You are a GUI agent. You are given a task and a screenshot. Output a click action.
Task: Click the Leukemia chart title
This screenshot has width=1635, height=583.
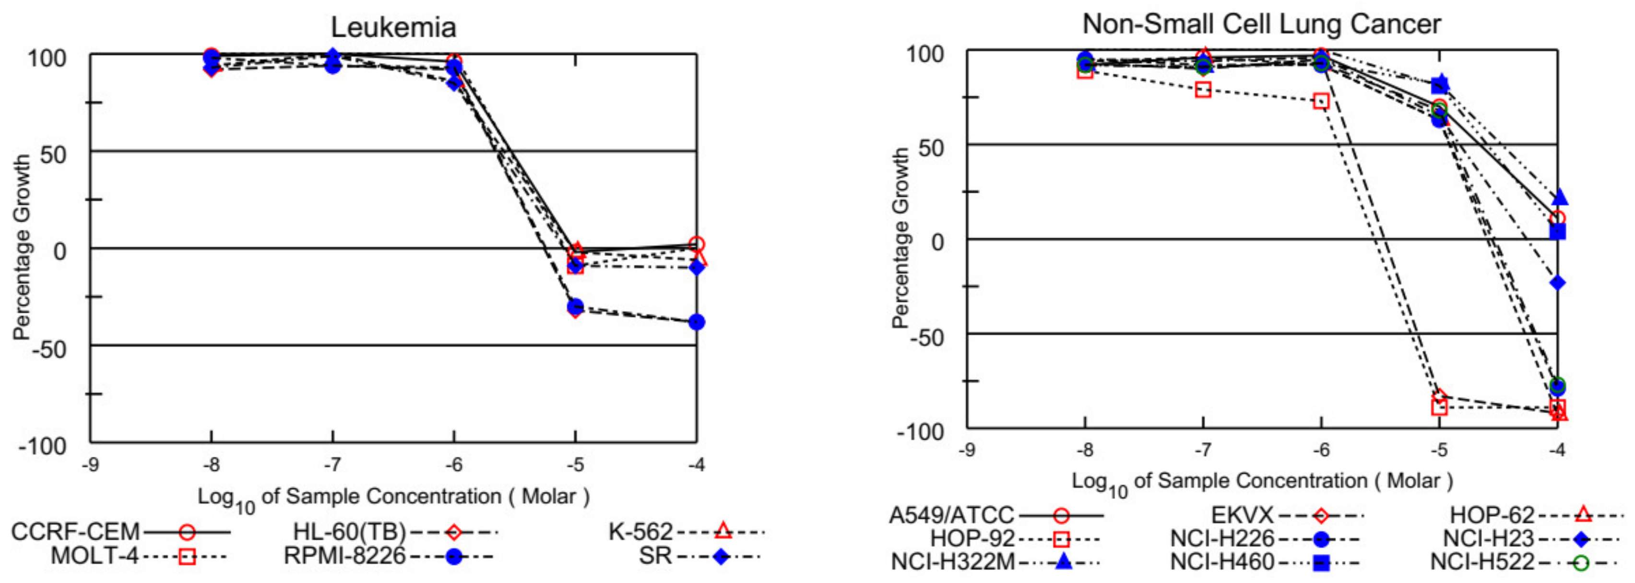[393, 27]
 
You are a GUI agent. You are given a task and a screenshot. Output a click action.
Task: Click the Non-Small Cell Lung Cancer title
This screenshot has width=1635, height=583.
[1261, 24]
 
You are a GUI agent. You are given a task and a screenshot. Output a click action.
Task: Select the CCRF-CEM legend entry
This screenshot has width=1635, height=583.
[120, 532]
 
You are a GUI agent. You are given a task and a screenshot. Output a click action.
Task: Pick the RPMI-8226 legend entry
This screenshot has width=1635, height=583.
[387, 556]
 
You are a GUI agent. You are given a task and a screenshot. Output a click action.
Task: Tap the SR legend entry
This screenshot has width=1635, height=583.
[698, 556]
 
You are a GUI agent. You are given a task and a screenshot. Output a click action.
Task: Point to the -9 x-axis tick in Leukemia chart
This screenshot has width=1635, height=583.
[90, 465]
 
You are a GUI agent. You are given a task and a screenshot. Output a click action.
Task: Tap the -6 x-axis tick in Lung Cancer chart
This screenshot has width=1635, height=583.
[1321, 450]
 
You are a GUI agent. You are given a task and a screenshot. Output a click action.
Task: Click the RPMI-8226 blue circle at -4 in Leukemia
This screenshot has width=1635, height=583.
[696, 322]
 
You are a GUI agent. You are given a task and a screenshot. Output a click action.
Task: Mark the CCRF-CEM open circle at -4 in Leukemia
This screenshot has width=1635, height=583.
[696, 244]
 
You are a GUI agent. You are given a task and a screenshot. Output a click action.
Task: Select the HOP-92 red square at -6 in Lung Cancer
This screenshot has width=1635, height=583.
[1321, 101]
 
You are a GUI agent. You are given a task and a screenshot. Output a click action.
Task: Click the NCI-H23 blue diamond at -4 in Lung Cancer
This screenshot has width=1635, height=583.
[1558, 283]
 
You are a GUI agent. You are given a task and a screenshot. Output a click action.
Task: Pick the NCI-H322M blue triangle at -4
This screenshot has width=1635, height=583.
[1559, 198]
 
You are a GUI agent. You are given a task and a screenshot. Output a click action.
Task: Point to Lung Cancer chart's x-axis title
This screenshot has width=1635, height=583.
[1262, 481]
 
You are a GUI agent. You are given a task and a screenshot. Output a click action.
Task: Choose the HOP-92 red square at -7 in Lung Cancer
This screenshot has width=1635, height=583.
[1203, 90]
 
